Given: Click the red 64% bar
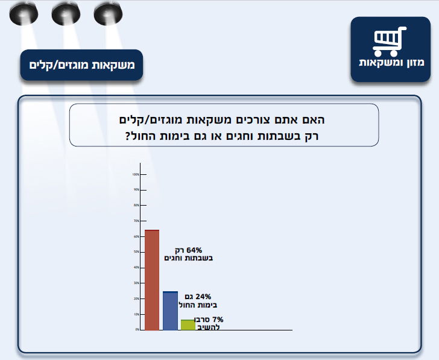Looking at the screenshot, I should click(152, 280).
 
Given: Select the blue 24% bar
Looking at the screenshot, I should click(171, 311).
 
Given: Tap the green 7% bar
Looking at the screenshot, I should click(188, 324).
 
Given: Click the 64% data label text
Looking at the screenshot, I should click(189, 254).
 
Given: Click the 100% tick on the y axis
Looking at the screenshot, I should click(136, 174).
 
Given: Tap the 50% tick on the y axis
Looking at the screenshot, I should click(136, 252).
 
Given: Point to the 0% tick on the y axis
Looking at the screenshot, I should click(136, 330).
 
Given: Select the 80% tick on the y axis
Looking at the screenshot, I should click(136, 206).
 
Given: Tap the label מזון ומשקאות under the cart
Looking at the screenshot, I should click(387, 63).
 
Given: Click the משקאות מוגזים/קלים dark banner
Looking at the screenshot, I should click(81, 64).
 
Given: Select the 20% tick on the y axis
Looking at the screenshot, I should click(136, 298).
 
